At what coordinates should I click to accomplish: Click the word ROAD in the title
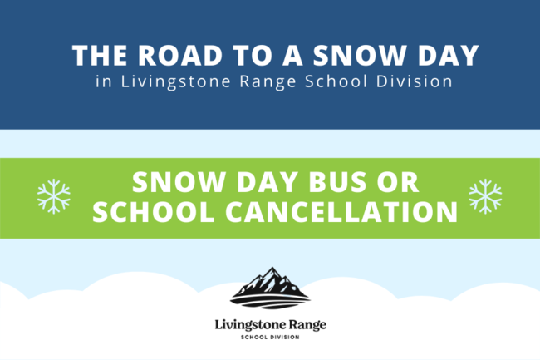coord(180,55)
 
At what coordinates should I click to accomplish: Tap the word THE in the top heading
coord(100,55)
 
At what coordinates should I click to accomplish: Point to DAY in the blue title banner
coord(449,55)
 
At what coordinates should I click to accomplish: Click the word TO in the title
coord(253,55)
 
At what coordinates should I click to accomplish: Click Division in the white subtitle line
coord(414,81)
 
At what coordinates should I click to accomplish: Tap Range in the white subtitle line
coord(268,82)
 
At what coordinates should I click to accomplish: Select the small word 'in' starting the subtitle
coord(104,81)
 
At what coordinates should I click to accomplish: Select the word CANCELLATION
coord(341,211)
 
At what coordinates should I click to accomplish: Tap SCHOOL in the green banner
coord(154,211)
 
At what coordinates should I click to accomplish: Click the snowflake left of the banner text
coord(54,196)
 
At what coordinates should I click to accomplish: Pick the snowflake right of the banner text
coord(485,196)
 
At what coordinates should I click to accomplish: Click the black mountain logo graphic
coord(270,288)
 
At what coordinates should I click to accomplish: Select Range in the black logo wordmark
coord(307,325)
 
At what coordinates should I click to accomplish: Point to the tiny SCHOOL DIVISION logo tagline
coord(270,337)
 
